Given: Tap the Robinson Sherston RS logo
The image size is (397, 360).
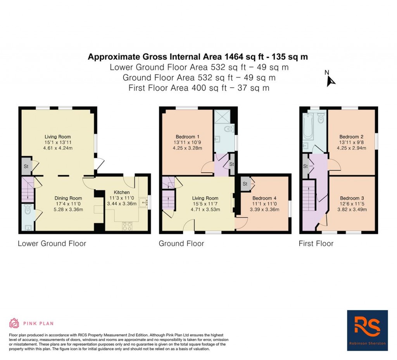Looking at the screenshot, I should click(367, 330).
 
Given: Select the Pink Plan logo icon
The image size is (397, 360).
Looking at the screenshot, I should click(14, 323).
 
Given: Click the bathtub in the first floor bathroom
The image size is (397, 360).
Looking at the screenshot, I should click(308, 126).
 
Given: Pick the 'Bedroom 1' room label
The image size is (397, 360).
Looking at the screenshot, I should click(188, 137).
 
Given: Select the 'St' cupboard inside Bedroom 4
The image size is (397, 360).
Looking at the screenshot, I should click(245, 184).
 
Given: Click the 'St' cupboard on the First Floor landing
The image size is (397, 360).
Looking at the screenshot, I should click(305, 166).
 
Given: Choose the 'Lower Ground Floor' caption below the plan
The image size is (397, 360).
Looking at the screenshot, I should click(52, 244).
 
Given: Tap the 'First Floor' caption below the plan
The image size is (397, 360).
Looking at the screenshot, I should click(316, 244).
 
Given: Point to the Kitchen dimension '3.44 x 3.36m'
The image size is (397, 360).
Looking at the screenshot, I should click(122, 203).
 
